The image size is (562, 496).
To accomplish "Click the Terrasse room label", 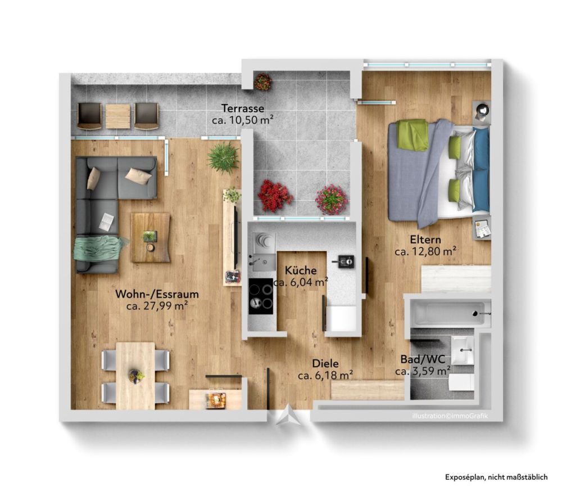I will tap(242, 108).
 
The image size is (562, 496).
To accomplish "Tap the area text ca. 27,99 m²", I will tap(157, 306).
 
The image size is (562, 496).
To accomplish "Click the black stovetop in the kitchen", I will tap(261, 296).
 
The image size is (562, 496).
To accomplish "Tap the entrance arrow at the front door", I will tap(289, 417).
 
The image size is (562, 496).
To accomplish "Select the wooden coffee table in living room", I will tap(151, 237).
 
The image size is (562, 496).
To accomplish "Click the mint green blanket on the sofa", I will tap(99, 247).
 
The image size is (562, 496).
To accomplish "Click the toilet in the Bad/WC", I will tap(461, 382).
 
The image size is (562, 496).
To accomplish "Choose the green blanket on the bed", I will tap(413, 136).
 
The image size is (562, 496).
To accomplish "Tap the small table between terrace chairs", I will tap(117, 116).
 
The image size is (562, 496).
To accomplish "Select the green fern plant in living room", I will tap(223, 157).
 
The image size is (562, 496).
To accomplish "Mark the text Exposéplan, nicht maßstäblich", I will tap(496, 477).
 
